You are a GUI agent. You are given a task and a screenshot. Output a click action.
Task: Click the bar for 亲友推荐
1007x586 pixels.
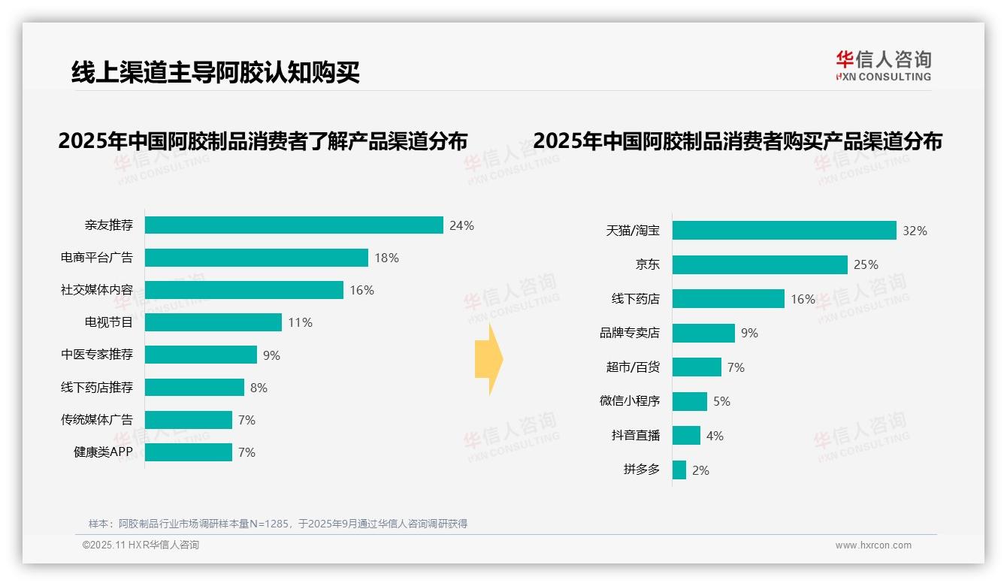(x=294, y=225)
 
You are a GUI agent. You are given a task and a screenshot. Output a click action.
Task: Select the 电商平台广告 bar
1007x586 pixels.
(x=256, y=258)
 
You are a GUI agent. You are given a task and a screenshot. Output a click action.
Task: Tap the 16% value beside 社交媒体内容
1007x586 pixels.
(x=361, y=290)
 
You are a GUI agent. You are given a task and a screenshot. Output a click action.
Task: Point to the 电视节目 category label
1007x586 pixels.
(x=108, y=322)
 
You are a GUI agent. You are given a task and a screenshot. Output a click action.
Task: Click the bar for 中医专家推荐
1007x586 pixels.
(x=201, y=355)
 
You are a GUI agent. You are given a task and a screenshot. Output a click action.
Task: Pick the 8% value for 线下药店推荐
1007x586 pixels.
(x=259, y=388)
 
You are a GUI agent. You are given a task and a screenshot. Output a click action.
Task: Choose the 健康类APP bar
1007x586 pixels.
(x=188, y=452)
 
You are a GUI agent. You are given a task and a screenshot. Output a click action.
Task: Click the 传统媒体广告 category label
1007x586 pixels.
(x=97, y=419)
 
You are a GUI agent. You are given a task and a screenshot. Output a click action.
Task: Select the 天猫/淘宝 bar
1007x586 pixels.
(x=784, y=231)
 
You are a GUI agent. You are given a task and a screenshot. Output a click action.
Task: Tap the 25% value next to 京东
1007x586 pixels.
(x=866, y=264)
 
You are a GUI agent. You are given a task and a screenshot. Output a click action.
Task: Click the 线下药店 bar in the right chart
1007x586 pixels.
(x=728, y=299)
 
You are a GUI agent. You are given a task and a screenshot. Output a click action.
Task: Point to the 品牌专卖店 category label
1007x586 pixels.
(x=629, y=333)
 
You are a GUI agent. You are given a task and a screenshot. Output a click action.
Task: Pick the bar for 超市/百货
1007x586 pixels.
(x=697, y=367)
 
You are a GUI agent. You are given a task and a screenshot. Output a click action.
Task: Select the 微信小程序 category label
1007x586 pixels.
(x=629, y=401)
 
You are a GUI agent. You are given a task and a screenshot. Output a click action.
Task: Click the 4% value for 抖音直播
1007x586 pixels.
(x=715, y=436)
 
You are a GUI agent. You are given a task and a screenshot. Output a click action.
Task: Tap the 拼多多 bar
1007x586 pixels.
(x=679, y=470)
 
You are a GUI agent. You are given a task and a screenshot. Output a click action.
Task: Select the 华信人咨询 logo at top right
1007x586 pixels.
(x=883, y=65)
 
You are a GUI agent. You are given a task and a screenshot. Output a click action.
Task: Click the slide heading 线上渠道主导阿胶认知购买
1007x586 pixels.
(x=216, y=73)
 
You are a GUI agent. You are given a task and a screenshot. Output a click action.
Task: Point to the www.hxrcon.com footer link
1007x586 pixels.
(x=873, y=545)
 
